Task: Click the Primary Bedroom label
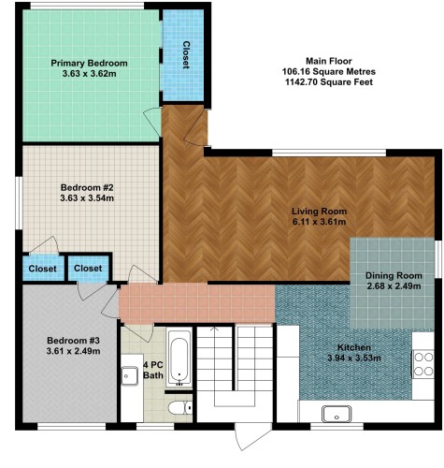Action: (x=89, y=64)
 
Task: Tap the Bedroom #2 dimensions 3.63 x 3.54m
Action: (x=87, y=198)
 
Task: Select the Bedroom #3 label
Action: (x=73, y=341)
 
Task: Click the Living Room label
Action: (x=319, y=212)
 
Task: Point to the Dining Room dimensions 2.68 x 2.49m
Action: (x=394, y=286)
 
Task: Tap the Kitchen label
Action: (x=354, y=347)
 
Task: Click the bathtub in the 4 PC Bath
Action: (x=179, y=358)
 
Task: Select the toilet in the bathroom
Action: (x=180, y=408)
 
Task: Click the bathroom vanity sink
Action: (x=129, y=376)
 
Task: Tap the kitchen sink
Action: (x=337, y=414)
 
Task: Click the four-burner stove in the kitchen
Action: (x=423, y=364)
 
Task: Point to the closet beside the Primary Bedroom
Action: (x=183, y=55)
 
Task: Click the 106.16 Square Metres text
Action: (x=329, y=71)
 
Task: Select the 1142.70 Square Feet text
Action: (x=329, y=82)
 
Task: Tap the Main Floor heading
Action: (x=329, y=61)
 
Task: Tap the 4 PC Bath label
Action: (x=153, y=370)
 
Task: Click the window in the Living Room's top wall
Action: (x=329, y=153)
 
